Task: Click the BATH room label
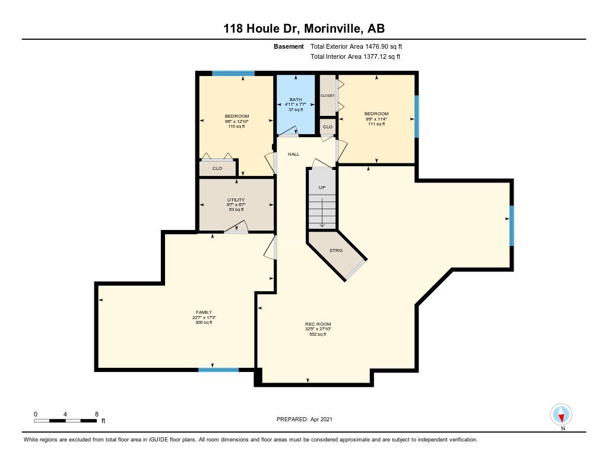coord(296,99)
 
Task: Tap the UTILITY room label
coord(236,200)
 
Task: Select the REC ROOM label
coord(318,324)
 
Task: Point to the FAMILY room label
coord(204,312)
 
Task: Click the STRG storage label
coord(336,250)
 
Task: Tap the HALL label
coord(293,154)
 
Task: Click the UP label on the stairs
coord(322,187)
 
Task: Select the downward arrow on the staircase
coord(322,213)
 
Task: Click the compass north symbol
coord(561,415)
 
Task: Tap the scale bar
coord(65,421)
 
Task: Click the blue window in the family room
coord(218,370)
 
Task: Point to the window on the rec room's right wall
coord(511,225)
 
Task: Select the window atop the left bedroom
coord(233,73)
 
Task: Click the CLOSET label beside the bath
coord(327,96)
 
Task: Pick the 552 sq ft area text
coord(318,334)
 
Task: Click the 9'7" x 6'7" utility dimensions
coord(236,204)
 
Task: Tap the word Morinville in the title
coord(333,29)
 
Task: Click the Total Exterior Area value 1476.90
coord(377,46)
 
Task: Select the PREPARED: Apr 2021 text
coord(305,419)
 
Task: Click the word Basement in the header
coord(289,46)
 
